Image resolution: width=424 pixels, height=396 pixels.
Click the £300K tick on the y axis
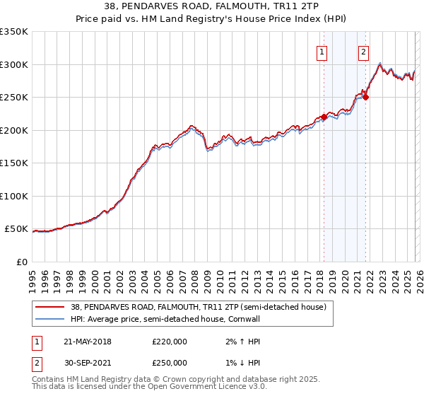coord(14,64)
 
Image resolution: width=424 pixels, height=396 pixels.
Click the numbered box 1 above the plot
coord(322,51)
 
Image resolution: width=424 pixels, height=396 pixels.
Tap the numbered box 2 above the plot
coord(363,51)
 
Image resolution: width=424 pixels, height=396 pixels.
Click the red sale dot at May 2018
coord(324,117)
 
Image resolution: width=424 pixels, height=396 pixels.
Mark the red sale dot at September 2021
coord(366,98)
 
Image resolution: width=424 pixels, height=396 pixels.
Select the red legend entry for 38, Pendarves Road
coord(198,308)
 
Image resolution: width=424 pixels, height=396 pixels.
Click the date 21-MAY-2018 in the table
coord(88,342)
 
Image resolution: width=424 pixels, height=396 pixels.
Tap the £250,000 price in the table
coord(170,363)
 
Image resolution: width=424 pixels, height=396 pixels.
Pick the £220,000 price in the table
coord(170,342)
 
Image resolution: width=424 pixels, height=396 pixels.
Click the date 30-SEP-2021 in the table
coord(88,363)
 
